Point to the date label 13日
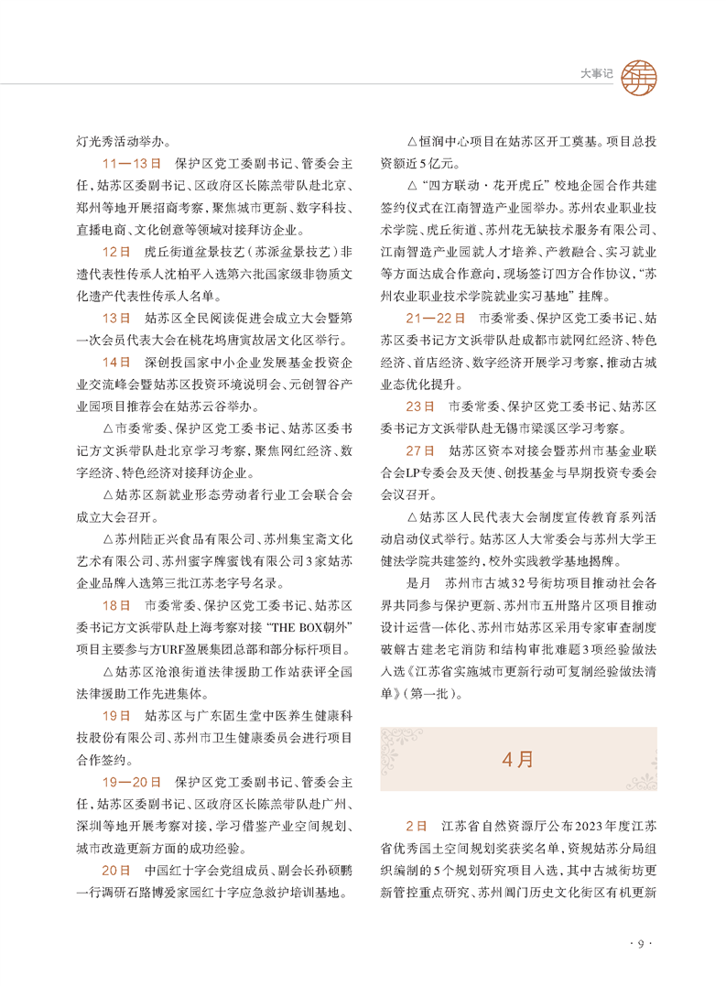117,318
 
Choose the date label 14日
117,361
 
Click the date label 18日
117,605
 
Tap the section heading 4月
517,759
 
